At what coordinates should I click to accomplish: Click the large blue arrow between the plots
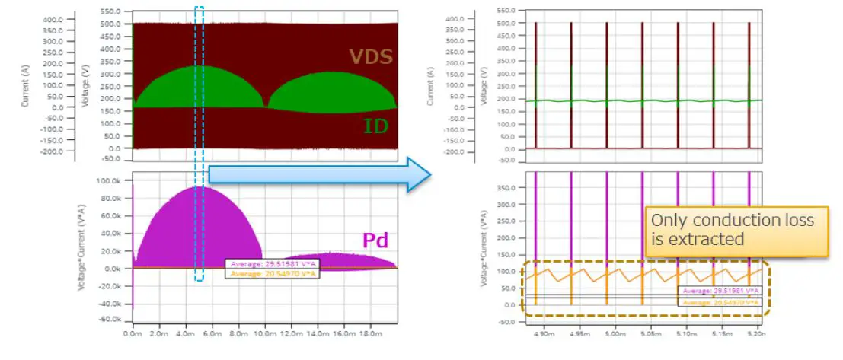point(320,174)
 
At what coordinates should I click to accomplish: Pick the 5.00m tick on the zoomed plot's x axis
point(614,333)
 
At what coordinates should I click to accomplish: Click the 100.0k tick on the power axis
point(111,181)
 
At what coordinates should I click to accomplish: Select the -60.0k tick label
point(110,321)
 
